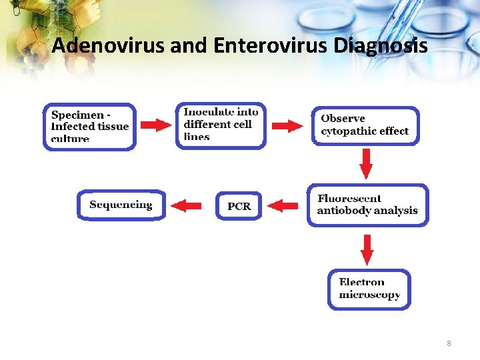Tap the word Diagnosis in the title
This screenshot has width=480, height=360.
coord(380,46)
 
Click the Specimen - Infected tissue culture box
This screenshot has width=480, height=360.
coord(89,127)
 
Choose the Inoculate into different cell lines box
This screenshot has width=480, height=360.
coord(221,125)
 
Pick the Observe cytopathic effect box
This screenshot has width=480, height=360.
coord(366,125)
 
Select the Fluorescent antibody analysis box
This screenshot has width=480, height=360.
coord(367,205)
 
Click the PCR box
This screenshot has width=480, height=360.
coord(239,206)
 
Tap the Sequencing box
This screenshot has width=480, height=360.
coord(121,205)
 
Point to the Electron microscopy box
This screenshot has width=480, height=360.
coord(369,289)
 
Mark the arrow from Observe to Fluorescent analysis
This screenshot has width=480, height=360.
coord(366,163)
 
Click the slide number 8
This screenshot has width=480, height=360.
coord(449,343)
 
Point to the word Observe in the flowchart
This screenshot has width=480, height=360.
coord(343,119)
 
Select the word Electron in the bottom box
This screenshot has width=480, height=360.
coord(361,283)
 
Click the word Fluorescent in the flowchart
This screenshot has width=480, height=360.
coord(349,199)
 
